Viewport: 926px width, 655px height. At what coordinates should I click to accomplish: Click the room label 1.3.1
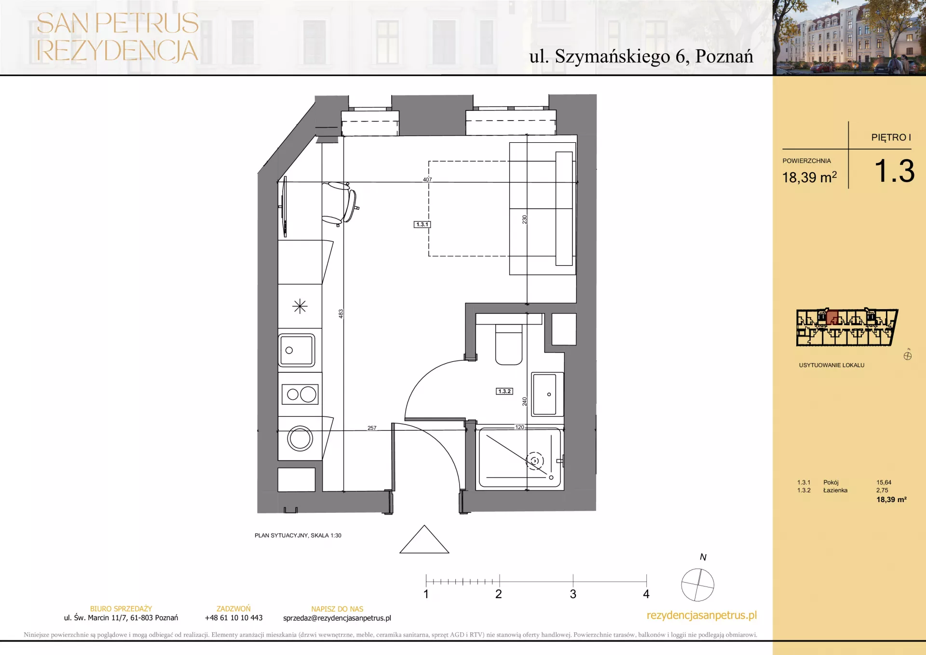[422, 224]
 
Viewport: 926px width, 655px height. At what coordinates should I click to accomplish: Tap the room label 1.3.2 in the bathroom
[504, 391]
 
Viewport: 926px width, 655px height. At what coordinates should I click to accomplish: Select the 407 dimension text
[427, 179]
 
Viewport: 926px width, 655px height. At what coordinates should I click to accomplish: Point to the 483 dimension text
[340, 314]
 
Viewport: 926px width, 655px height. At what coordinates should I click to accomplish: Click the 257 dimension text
[372, 428]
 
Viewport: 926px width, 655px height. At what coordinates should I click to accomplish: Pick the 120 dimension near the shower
[519, 427]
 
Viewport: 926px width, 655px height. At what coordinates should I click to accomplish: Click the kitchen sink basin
[297, 350]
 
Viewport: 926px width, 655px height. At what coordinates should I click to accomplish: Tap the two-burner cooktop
[300, 395]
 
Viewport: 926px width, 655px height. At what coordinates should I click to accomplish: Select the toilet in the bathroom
[509, 344]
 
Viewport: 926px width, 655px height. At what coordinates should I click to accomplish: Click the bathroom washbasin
[547, 394]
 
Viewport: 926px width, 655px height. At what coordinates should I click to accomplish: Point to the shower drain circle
[535, 461]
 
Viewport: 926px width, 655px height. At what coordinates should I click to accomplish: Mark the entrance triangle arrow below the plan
[424, 539]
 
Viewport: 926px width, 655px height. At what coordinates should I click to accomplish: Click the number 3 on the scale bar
[573, 594]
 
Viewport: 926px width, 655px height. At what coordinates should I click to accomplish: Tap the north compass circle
[697, 585]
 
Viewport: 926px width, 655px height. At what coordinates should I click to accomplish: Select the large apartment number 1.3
[895, 171]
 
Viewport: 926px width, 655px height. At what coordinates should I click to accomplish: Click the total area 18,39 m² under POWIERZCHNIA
[809, 177]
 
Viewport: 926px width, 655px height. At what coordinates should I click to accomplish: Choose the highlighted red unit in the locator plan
[832, 317]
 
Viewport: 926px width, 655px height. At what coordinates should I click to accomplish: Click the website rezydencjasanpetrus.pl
[702, 615]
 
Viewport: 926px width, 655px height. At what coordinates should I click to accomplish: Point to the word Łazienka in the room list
[835, 490]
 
